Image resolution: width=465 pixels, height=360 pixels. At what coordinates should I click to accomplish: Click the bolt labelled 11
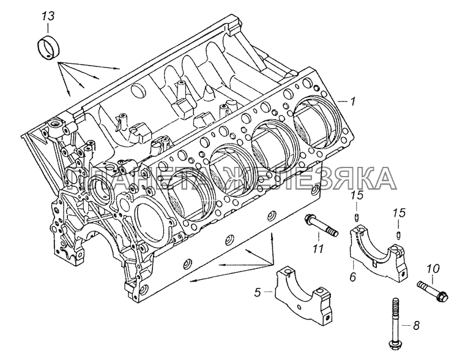318,225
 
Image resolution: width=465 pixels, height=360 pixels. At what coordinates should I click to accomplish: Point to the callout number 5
258,293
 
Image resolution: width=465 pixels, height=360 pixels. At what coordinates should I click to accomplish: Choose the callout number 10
433,268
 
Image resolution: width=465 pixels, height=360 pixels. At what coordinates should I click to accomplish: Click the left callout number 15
359,196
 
